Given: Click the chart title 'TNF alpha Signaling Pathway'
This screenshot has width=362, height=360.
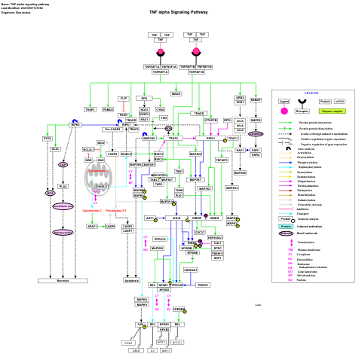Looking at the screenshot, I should click(179, 13).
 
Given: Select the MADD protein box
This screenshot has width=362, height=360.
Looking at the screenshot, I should click(176, 93).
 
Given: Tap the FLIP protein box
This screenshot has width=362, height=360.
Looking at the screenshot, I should click(123, 99).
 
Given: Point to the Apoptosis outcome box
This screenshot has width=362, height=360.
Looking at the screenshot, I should click(132, 280).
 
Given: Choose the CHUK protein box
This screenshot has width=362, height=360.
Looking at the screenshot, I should click(176, 218).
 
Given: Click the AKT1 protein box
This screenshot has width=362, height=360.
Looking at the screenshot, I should click(150, 218).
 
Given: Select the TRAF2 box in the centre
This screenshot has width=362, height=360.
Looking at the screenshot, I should click(173, 139).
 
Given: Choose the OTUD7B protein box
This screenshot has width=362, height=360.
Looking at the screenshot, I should click(210, 120).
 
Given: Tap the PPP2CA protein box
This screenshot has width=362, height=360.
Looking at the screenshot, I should click(160, 239).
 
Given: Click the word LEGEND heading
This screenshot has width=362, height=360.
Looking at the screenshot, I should click(311, 93).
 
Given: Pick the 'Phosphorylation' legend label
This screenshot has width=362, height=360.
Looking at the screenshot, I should click(308, 162).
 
